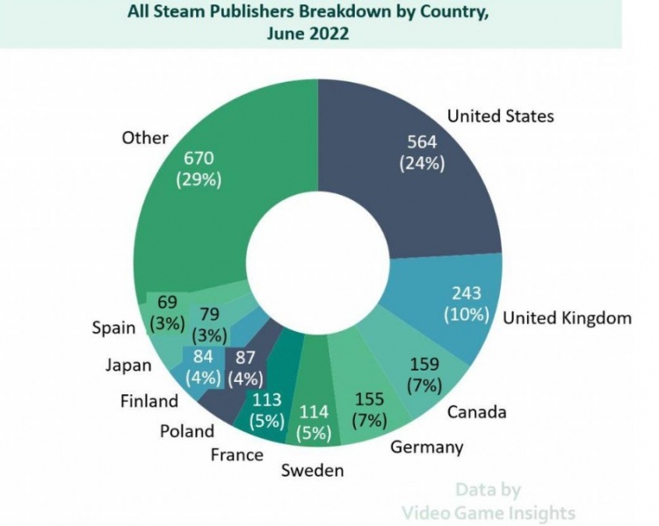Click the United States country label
pos(500,116)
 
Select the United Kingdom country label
pos(567,318)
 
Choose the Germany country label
pos(426,447)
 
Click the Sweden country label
pos(312,471)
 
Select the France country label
pos(236,454)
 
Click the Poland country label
pos(186,430)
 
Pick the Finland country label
pos(149,400)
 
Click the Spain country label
pos(114,328)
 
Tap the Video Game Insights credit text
pos(489,512)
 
